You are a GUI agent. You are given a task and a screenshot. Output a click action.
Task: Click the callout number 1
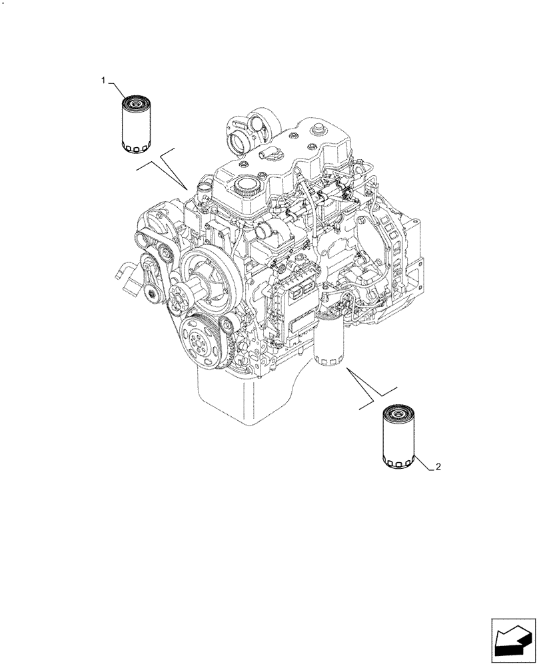103,80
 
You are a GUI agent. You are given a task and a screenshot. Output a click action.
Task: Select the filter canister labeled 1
138,127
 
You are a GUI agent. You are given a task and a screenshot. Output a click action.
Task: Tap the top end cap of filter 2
398,415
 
